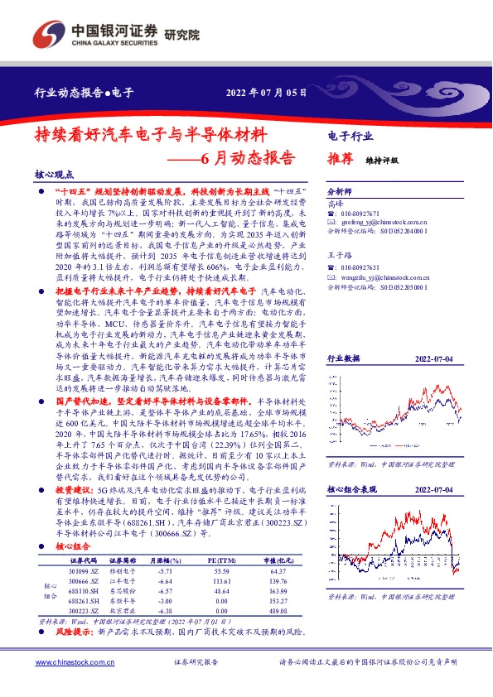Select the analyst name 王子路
[338, 257]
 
